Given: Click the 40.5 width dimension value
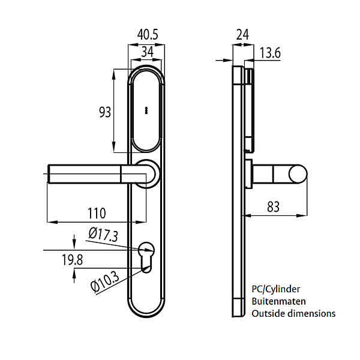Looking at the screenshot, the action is click(x=148, y=35).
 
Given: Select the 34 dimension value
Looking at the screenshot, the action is click(x=147, y=52).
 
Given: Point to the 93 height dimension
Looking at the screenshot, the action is click(x=105, y=112).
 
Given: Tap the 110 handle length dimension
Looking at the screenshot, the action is click(x=97, y=213).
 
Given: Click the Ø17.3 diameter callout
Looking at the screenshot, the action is click(x=103, y=235).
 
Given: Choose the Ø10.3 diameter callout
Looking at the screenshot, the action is click(x=105, y=282).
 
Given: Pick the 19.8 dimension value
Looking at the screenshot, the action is click(x=72, y=260).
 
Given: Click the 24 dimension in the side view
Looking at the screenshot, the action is click(x=242, y=35).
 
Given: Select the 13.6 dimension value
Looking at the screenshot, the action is click(x=270, y=53).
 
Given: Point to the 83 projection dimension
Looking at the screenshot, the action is click(x=273, y=206).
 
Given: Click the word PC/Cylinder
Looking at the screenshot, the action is click(x=276, y=289).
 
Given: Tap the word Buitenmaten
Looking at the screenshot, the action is click(x=278, y=301).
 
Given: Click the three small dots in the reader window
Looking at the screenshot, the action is click(x=146, y=110).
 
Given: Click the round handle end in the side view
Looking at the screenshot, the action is click(x=298, y=174).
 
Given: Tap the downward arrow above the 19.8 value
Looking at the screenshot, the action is click(x=74, y=242).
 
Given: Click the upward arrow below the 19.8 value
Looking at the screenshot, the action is click(x=74, y=276).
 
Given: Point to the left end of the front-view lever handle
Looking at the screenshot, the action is click(x=48, y=174).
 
